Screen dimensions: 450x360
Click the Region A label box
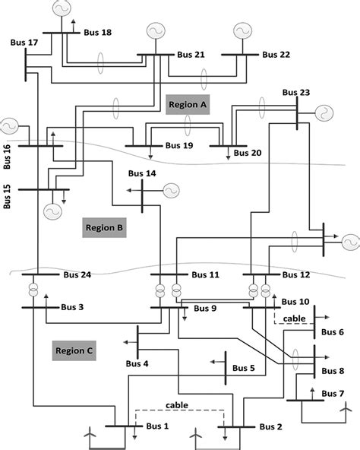188,105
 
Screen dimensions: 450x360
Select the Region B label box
104,227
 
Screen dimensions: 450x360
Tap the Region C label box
74,350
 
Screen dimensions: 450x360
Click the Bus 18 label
95,32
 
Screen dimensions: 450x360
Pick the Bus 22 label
276,55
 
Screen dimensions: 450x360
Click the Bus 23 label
295,93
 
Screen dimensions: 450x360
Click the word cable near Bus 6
293,318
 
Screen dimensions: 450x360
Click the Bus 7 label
333,393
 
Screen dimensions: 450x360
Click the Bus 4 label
137,364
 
